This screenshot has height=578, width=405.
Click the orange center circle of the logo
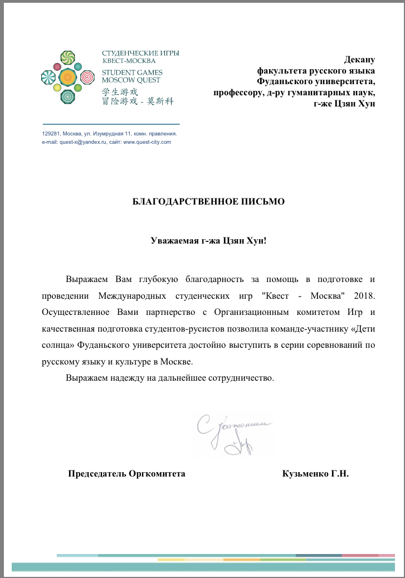(x=67, y=76)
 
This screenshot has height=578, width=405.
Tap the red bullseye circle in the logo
(x=87, y=76)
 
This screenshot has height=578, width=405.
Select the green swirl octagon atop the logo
(x=67, y=57)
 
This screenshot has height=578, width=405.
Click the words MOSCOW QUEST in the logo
(x=131, y=80)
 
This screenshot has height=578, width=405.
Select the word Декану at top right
(x=360, y=60)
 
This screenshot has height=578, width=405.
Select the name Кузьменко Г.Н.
(x=316, y=474)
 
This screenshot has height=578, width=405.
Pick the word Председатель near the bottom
(x=96, y=474)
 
